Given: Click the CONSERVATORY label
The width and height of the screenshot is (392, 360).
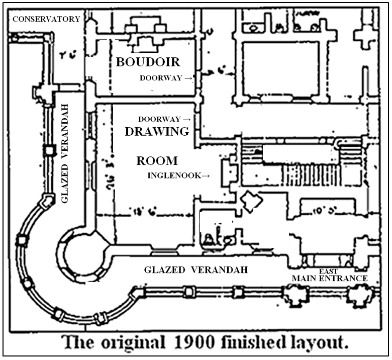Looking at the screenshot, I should (x=46, y=19).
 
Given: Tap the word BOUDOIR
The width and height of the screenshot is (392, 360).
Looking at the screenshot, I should (x=148, y=62).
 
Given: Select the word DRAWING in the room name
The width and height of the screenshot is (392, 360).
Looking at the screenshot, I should (x=157, y=132).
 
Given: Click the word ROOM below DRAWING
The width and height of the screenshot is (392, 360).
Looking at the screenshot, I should (x=157, y=161).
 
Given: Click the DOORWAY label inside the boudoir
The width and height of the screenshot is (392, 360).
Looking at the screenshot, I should (x=162, y=78).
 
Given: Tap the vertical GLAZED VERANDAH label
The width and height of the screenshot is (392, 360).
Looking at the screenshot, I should (x=64, y=154).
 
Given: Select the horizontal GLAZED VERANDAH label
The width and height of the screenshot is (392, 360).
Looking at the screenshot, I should (x=196, y=270).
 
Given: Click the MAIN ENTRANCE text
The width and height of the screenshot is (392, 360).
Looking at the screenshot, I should (x=330, y=278).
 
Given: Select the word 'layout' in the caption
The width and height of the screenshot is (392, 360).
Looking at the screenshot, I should (x=319, y=344).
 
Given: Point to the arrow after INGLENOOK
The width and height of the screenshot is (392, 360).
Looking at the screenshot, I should (x=206, y=176).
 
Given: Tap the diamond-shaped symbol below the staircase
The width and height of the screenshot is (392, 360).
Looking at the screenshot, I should (x=251, y=201).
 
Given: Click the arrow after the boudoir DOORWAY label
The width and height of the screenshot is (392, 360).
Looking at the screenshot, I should (x=188, y=78).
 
